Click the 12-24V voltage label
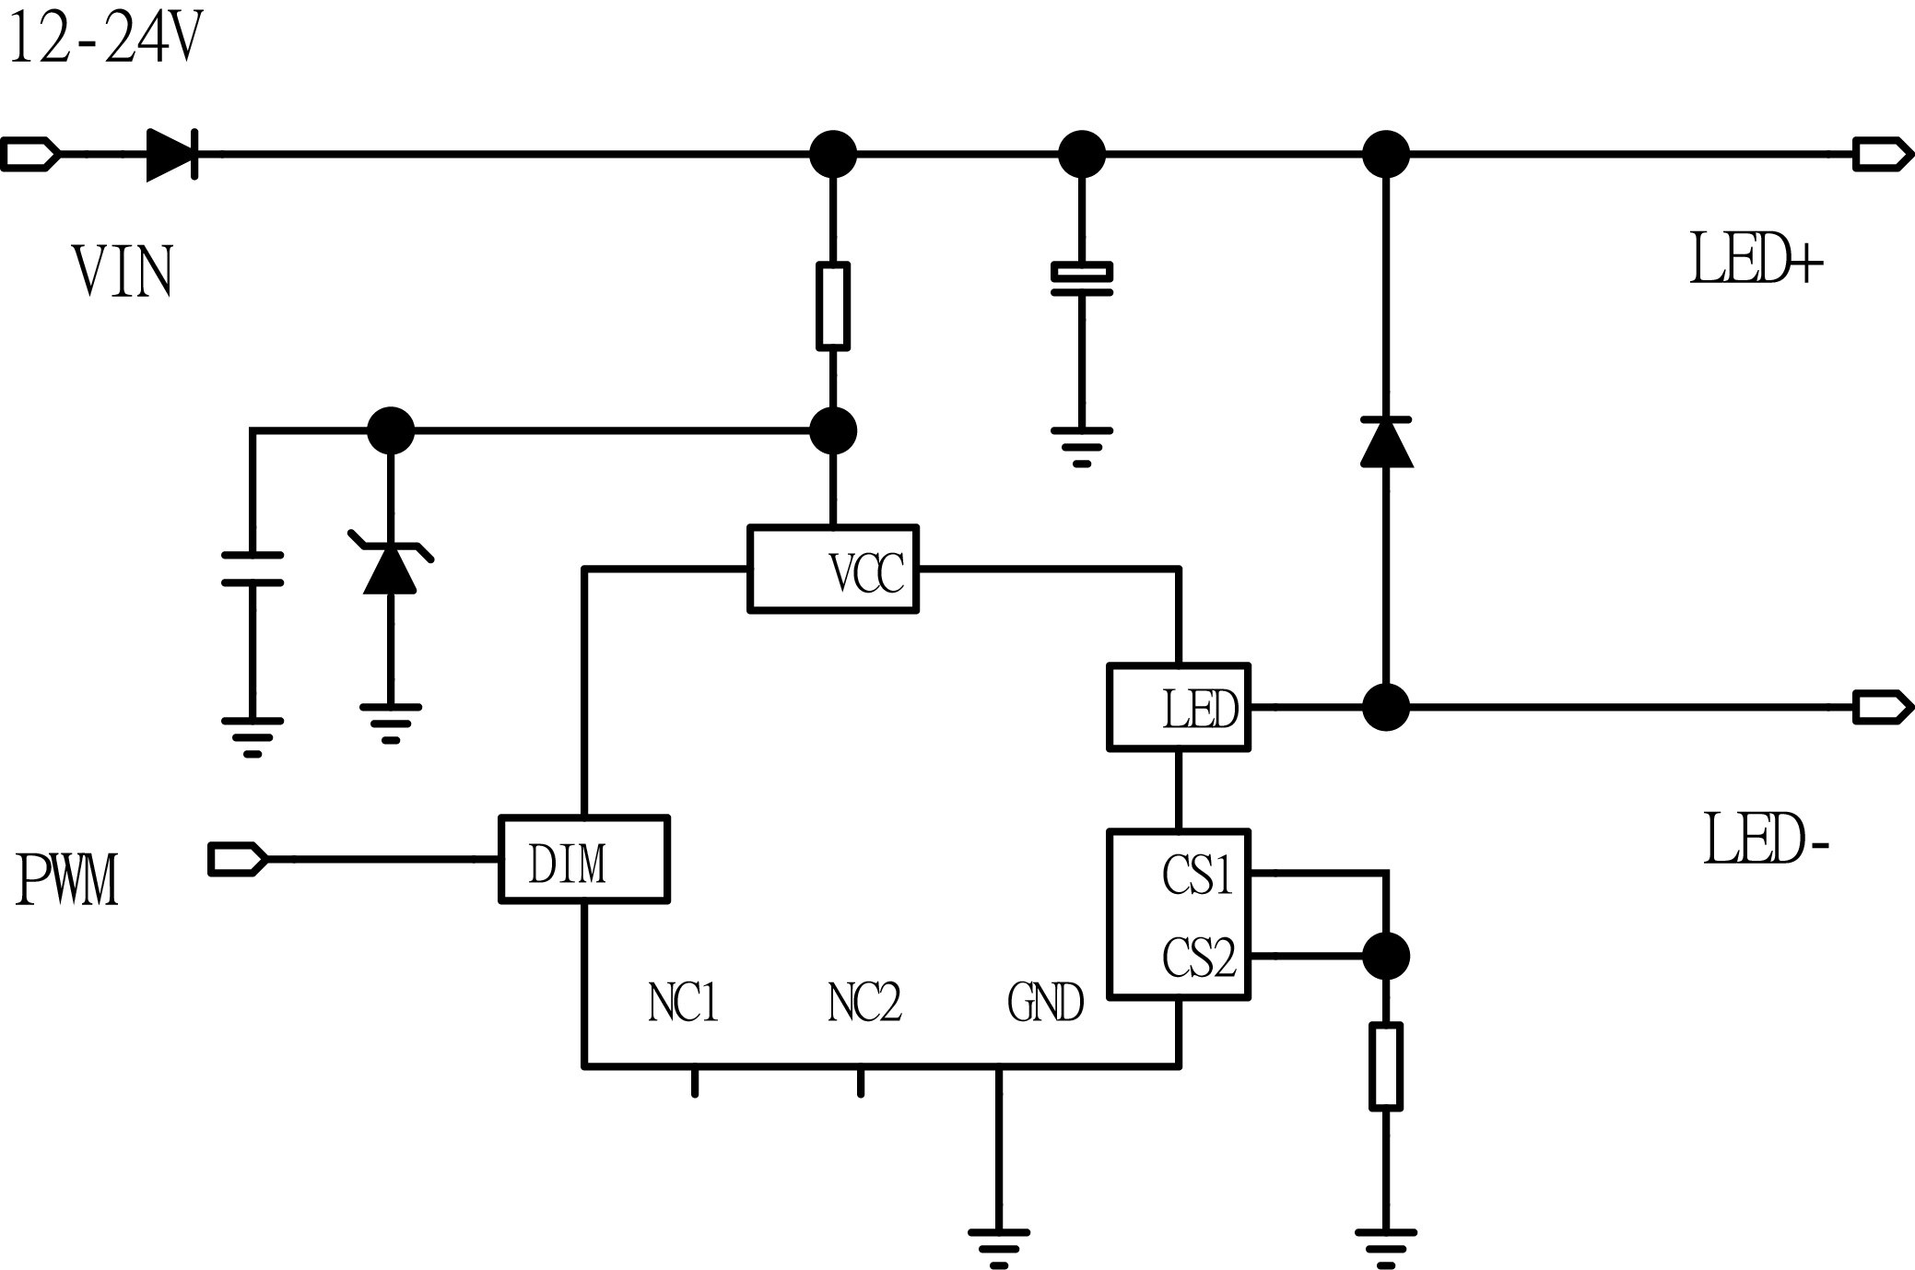click(x=103, y=39)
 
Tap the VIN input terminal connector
click(x=29, y=154)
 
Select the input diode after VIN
click(x=172, y=154)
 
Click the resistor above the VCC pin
click(x=833, y=306)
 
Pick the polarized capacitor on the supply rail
click(x=1082, y=280)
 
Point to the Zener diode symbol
click(x=390, y=564)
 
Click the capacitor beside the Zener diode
click(x=253, y=569)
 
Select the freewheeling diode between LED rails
click(x=1386, y=441)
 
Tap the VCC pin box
click(x=833, y=569)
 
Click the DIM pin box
click(x=583, y=859)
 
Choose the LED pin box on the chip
click(x=1179, y=707)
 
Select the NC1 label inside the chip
click(x=683, y=1002)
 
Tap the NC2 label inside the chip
click(x=864, y=1002)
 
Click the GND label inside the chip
click(x=1045, y=1002)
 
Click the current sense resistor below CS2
click(x=1386, y=1065)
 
